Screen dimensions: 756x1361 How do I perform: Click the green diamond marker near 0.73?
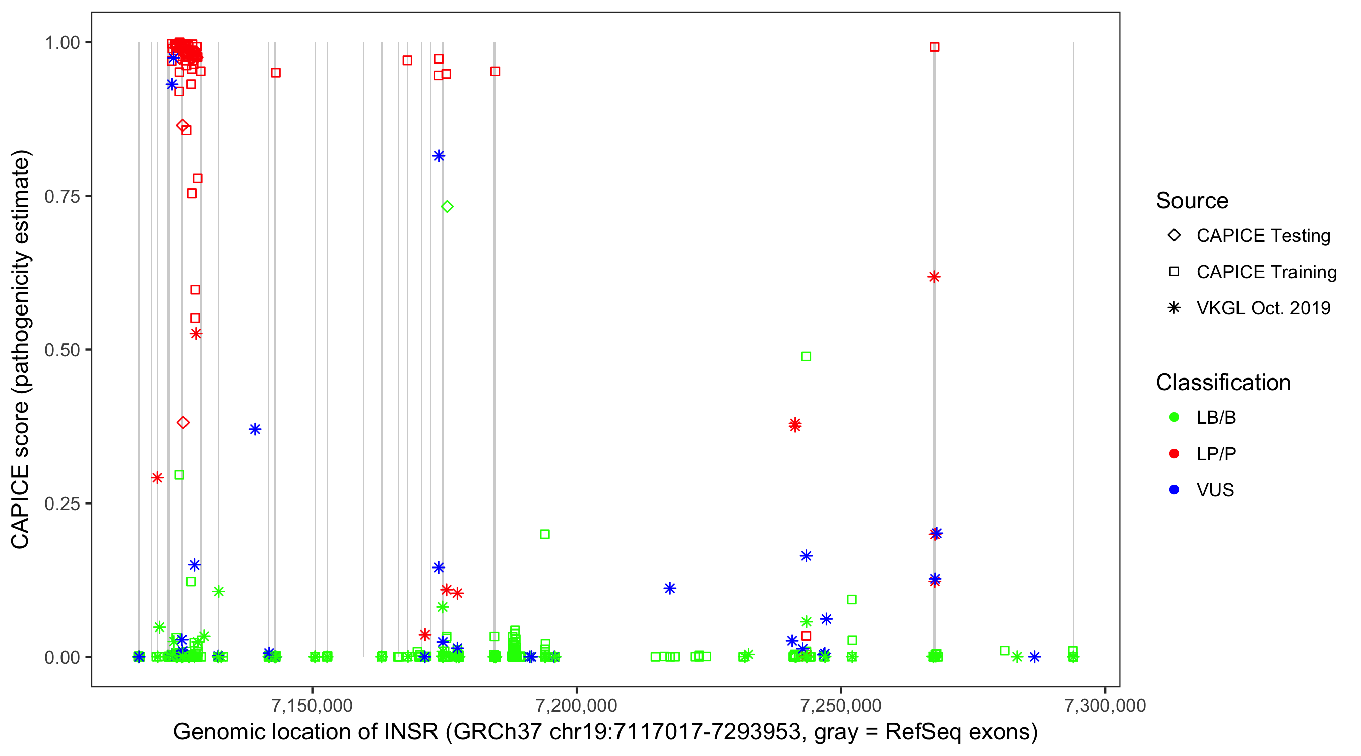click(x=447, y=206)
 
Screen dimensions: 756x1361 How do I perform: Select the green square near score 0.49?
click(x=806, y=357)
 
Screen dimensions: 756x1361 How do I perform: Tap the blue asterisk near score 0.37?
click(x=255, y=429)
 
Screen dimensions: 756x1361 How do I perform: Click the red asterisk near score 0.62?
click(x=934, y=277)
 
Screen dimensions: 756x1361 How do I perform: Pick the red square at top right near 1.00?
click(x=934, y=47)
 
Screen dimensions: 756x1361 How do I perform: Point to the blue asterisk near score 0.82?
click(x=439, y=156)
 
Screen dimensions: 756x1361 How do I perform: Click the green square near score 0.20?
click(x=545, y=534)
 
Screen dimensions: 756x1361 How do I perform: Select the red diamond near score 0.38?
click(x=183, y=423)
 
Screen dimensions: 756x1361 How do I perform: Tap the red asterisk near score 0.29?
click(x=157, y=478)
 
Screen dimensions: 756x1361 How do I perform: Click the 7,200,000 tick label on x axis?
click(x=577, y=705)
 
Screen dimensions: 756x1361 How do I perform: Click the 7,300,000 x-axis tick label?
click(x=1105, y=705)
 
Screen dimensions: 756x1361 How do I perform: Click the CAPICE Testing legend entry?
click(x=1263, y=236)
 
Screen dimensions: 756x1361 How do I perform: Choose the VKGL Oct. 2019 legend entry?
click(x=1263, y=308)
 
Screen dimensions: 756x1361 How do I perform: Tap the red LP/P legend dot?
click(x=1174, y=454)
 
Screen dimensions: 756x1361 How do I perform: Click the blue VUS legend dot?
click(x=1174, y=490)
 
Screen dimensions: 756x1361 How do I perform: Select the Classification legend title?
click(x=1223, y=383)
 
